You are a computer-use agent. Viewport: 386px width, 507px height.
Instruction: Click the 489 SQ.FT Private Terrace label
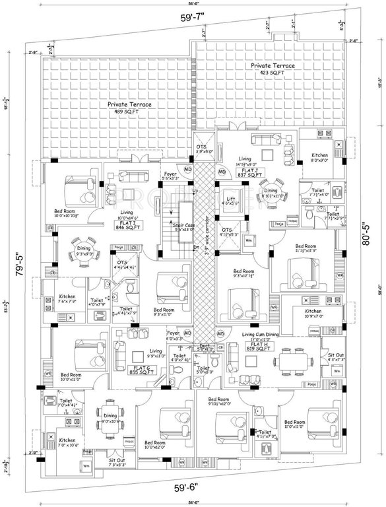pyautogui.click(x=131, y=108)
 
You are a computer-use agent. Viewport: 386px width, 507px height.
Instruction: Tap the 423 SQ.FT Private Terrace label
pyautogui.click(x=273, y=69)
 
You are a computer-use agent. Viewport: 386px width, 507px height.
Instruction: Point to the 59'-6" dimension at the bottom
pyautogui.click(x=200, y=490)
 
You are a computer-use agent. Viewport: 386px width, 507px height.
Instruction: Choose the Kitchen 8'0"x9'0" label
pyautogui.click(x=319, y=158)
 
